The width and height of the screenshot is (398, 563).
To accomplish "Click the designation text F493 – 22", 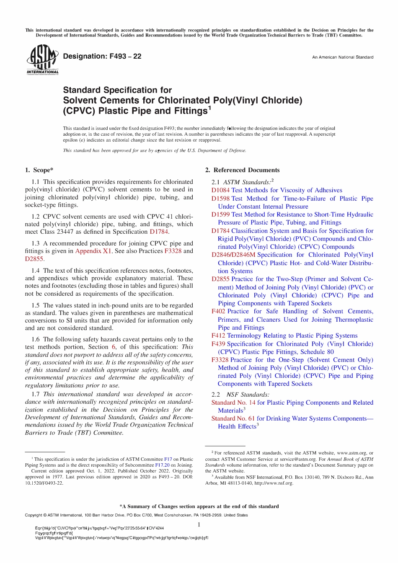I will (x=102, y=56).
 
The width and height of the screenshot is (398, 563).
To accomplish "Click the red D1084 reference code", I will (x=220, y=190).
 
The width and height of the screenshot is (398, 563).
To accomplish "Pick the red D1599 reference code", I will (x=220, y=214).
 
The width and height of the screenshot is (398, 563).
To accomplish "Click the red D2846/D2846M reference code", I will (x=233, y=255).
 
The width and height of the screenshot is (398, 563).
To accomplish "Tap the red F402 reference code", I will (x=218, y=311).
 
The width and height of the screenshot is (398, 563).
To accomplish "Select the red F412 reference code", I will (x=218, y=336).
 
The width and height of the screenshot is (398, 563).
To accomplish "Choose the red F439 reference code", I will (x=218, y=344).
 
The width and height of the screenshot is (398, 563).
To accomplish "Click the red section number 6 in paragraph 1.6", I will (x=114, y=347).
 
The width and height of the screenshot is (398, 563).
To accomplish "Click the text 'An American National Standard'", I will (x=342, y=57).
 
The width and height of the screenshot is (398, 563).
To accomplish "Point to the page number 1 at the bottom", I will (x=199, y=525).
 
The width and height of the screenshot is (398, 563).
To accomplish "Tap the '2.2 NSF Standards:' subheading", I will (x=240, y=395).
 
